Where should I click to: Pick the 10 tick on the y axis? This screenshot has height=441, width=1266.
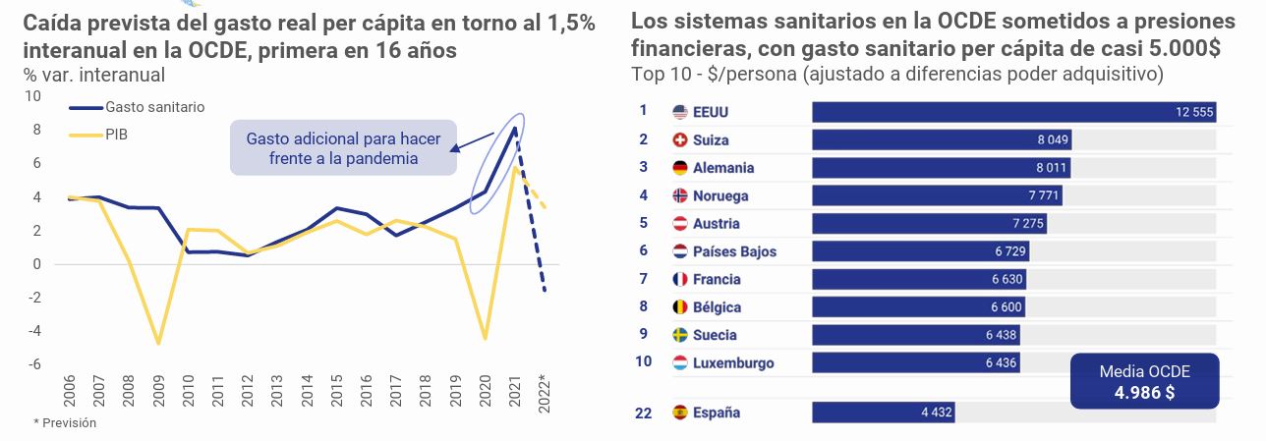[33, 96]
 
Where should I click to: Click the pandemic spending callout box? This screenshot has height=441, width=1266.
[343, 147]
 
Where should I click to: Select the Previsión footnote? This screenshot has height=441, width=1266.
[66, 422]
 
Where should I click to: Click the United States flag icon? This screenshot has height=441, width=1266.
[679, 112]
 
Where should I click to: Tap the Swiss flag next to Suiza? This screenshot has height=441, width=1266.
[679, 140]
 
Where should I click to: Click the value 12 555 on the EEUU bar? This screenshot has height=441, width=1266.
[1195, 112]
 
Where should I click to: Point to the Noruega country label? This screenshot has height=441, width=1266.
[720, 195]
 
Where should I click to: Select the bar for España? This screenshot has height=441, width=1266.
[883, 413]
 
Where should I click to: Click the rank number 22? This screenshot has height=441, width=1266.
[643, 413]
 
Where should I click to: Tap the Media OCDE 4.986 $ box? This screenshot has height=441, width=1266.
[1144, 381]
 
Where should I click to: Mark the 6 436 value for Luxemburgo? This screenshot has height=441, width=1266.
[1002, 363]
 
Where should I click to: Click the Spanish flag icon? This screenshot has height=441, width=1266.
[679, 413]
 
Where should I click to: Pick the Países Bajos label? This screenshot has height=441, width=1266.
[734, 251]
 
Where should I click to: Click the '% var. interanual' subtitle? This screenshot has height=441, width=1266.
[93, 75]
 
